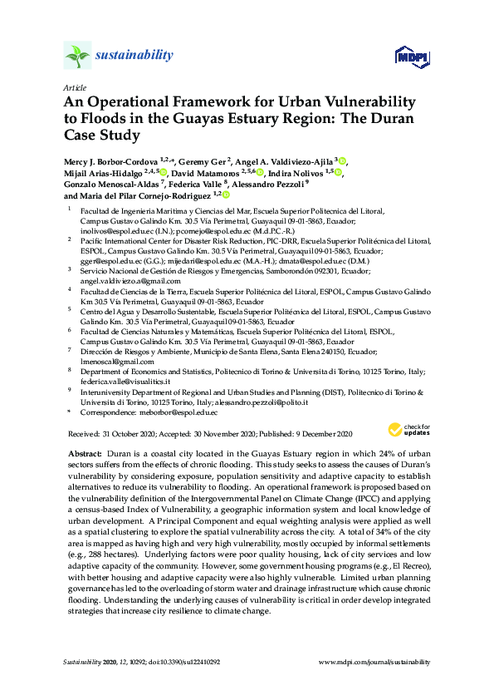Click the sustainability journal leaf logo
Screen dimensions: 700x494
point(76,56)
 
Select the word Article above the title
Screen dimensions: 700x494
point(74,87)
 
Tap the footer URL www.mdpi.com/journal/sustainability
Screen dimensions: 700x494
point(374,663)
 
